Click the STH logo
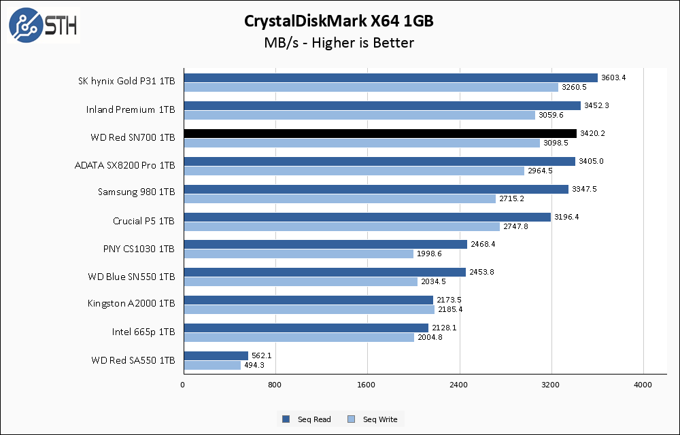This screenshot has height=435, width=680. pos(43,25)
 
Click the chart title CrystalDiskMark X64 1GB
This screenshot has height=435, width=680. pos(339,21)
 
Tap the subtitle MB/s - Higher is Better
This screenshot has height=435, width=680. pos(339,43)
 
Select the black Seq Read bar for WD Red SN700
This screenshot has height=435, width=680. pos(379,133)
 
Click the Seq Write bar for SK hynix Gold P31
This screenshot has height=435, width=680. pos(371,87)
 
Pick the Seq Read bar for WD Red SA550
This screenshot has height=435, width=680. pos(216,355)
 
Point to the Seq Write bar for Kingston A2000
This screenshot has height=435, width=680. pos(309,309)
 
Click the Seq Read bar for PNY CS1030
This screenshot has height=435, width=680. pos(325,244)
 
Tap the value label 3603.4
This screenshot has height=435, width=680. pos(613,77)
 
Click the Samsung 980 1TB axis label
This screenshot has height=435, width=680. pos(136,192)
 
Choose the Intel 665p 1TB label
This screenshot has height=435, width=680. pos(143,332)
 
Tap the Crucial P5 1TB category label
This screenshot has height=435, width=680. pos(143,221)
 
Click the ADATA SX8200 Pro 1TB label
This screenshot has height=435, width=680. pos(124,165)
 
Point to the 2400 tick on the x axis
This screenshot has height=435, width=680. pos(459,385)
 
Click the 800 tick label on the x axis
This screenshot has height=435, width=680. pos(275,385)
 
